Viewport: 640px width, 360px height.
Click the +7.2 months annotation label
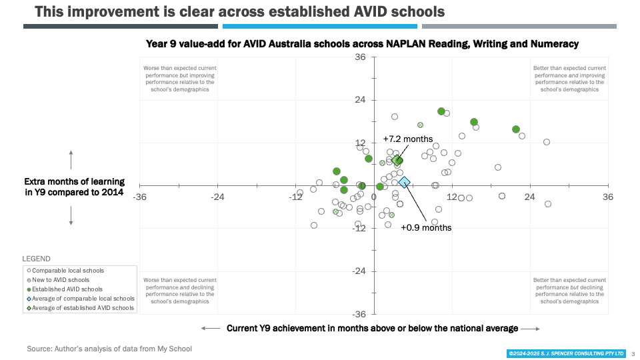point(408,139)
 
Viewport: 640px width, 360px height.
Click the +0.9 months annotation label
point(426,227)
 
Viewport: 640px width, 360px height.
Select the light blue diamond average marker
point(405,183)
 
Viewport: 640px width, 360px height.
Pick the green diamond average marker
point(397,160)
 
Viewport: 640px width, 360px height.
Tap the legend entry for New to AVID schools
point(60,280)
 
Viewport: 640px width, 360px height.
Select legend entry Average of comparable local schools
point(79,299)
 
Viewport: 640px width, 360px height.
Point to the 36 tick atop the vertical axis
point(361,57)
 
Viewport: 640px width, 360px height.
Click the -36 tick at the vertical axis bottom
point(359,314)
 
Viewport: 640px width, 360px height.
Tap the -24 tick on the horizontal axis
point(217,197)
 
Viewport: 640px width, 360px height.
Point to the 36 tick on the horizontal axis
point(607,197)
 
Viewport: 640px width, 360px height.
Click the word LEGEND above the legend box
point(36,259)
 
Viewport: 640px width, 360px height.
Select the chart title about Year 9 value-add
point(362,43)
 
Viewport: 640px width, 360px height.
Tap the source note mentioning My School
point(109,349)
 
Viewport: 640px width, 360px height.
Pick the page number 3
point(633,353)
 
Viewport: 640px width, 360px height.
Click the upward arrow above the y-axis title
point(71,159)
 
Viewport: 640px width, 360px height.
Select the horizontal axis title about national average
point(372,328)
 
